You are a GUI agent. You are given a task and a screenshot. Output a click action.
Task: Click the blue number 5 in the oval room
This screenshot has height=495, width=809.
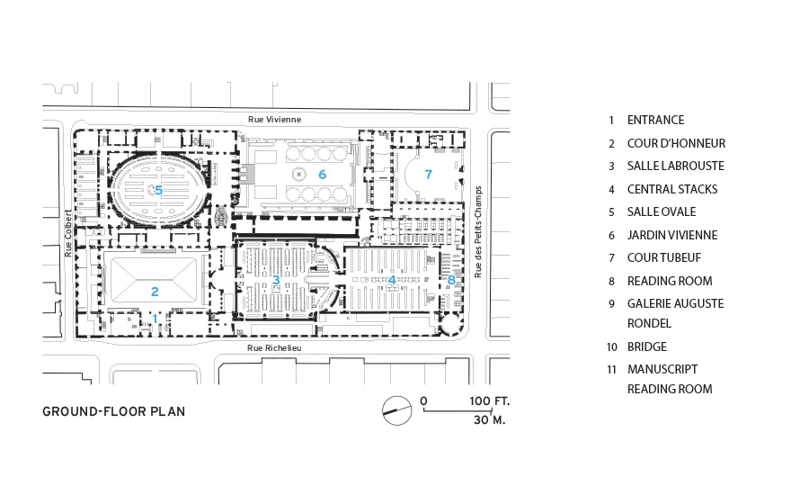159,191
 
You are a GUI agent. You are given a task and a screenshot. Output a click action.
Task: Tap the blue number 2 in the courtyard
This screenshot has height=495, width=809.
155,292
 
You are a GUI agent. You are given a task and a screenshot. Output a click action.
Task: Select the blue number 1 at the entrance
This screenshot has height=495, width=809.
156,319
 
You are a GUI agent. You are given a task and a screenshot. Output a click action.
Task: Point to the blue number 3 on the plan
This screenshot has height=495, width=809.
276,280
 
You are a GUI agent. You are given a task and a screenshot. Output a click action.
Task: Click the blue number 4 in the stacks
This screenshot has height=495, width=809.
392,280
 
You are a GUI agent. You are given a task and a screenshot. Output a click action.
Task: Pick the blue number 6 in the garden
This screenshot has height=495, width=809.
323,175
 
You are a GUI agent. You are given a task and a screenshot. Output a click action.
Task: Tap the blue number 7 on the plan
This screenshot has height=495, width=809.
428,175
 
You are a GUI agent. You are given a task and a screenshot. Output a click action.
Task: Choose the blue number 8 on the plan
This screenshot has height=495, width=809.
451,280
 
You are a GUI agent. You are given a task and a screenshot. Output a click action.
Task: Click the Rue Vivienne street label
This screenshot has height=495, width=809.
274,120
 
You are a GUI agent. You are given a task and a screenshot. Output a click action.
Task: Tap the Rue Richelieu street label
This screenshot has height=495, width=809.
274,347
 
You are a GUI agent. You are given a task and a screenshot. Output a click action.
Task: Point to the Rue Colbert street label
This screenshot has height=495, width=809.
68,233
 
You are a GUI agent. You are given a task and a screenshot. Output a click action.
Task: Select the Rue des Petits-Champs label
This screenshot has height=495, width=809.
478,232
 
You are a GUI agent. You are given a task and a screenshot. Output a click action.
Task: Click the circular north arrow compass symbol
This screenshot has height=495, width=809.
397,410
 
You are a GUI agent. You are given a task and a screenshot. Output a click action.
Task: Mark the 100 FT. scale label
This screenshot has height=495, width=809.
489,401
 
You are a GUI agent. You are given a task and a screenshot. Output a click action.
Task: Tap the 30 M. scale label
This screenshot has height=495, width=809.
490,420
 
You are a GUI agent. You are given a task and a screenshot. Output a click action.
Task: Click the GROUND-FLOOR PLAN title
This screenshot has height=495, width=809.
113,412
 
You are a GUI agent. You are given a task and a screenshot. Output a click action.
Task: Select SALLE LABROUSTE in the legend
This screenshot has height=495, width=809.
676,166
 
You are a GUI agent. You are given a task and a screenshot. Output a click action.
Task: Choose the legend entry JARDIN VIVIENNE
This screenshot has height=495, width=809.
672,235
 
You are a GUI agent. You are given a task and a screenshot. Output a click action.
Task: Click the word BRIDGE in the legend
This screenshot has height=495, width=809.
647,346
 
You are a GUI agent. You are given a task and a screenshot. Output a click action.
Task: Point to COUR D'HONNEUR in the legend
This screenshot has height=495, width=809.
676,143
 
